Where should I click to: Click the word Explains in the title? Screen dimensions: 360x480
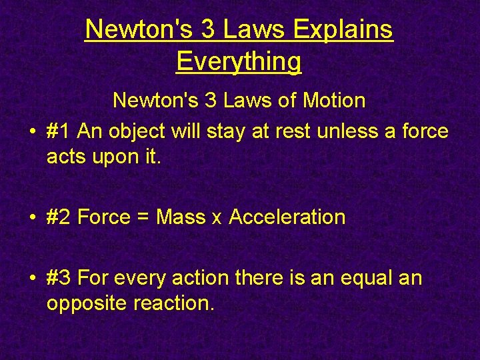[342, 29]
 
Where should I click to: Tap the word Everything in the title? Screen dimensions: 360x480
[239, 61]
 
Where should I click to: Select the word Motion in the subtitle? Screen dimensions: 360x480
[334, 101]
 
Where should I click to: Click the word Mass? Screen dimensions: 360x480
[181, 217]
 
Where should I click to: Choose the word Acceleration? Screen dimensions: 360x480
[287, 217]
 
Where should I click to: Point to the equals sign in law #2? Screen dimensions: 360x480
[143, 217]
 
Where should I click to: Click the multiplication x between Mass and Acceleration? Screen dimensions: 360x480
[217, 219]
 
